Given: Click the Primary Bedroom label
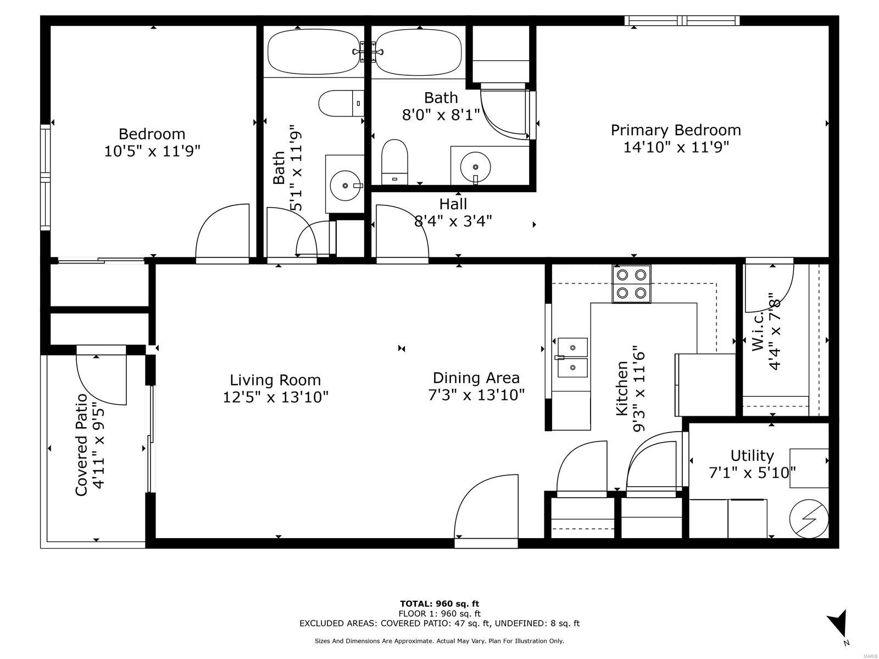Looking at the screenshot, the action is [x=675, y=131].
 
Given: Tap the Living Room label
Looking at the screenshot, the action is [x=275, y=379].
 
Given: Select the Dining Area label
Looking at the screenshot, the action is [x=476, y=378].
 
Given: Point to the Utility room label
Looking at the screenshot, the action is [x=752, y=456].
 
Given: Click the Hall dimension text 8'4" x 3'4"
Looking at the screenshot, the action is [x=453, y=221].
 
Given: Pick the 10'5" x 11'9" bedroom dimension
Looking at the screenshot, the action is [x=152, y=151].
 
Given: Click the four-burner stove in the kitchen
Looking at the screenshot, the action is [x=631, y=284].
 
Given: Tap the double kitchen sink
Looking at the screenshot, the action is [x=572, y=358].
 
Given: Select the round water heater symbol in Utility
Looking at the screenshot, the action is [x=809, y=518].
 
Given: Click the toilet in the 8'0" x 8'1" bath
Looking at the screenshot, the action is [x=394, y=161].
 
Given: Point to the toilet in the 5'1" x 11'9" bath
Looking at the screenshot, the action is [x=341, y=103].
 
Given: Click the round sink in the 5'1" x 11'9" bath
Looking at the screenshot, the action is [x=345, y=186].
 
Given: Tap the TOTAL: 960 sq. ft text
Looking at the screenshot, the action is [x=439, y=604].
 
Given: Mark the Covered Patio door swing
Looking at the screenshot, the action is [x=101, y=379].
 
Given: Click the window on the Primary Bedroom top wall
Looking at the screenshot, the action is [x=682, y=20].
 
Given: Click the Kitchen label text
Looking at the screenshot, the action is [x=621, y=388].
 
